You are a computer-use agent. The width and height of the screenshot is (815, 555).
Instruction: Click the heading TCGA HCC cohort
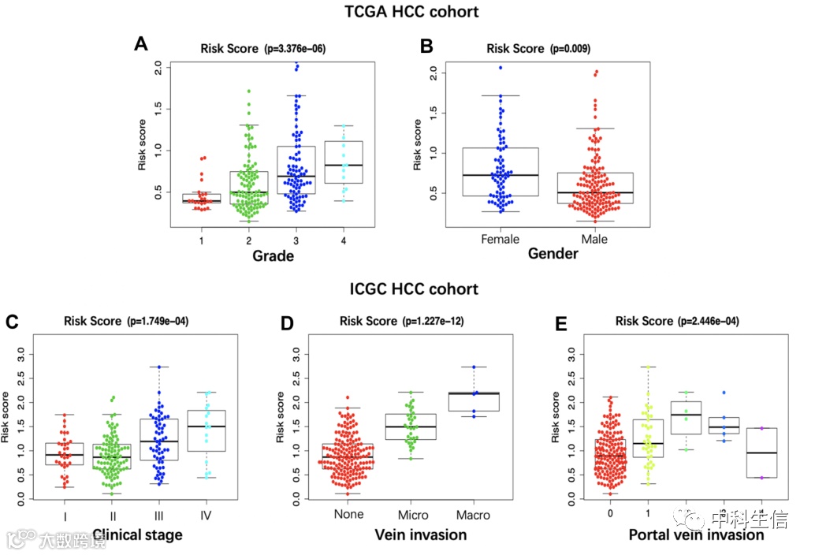(x=411, y=12)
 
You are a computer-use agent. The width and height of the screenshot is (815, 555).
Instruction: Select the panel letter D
(x=288, y=322)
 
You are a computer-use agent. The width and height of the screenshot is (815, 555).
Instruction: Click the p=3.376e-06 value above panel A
(x=294, y=49)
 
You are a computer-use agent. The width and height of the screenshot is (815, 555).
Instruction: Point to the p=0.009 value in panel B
(x=571, y=49)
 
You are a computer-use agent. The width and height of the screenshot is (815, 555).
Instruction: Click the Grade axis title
(x=274, y=256)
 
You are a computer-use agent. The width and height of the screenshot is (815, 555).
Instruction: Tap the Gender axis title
(x=553, y=254)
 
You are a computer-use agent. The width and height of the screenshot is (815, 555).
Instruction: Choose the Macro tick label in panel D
(x=473, y=515)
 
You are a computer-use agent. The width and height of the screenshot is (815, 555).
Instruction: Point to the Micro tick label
(x=414, y=515)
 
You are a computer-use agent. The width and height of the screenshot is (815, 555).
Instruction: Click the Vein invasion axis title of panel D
(x=422, y=535)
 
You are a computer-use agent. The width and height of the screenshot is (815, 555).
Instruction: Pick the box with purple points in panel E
(x=761, y=453)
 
